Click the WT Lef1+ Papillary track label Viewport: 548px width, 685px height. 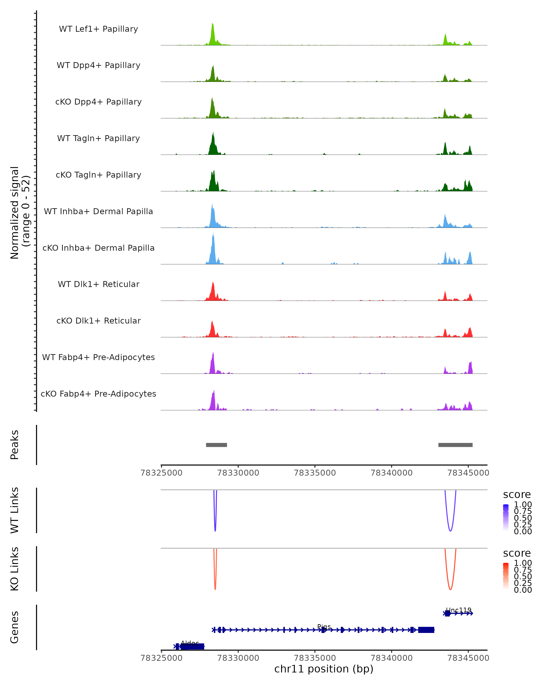[x=98, y=29]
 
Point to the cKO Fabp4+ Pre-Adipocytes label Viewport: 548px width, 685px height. [x=98, y=394]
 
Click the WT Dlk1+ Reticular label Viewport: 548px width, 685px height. [x=98, y=284]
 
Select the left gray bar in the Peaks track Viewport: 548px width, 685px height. [x=216, y=445]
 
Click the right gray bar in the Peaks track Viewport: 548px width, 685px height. [x=455, y=445]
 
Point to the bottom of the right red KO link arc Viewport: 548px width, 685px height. [x=450, y=589]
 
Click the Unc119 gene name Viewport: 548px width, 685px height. [x=458, y=610]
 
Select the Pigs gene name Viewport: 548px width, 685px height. [x=324, y=627]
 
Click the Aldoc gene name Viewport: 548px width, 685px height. [x=190, y=643]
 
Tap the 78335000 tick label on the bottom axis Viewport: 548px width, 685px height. [x=315, y=658]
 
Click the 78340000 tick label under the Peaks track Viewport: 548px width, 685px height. [x=391, y=473]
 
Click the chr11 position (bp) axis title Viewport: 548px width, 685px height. [x=324, y=669]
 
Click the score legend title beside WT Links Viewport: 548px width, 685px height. [x=516, y=494]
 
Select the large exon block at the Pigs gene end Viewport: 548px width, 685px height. [x=426, y=630]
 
